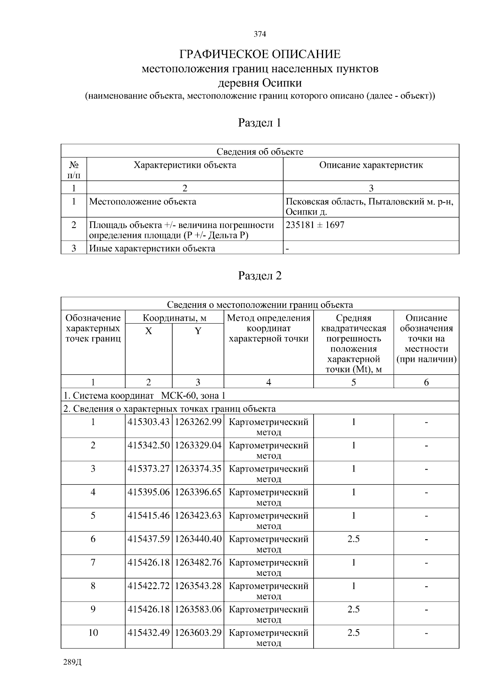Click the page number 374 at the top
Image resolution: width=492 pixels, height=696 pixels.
pyautogui.click(x=260, y=34)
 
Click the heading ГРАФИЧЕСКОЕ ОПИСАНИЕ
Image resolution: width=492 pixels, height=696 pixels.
pyautogui.click(x=260, y=54)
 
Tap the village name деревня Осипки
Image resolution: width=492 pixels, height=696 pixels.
pyautogui.click(x=260, y=83)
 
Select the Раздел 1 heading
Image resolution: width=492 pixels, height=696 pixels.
pyautogui.click(x=260, y=123)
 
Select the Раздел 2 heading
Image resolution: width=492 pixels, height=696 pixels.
pyautogui.click(x=260, y=276)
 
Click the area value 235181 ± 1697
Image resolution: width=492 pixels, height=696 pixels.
pyautogui.click(x=315, y=225)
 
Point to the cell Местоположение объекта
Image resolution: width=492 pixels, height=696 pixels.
pyautogui.click(x=143, y=202)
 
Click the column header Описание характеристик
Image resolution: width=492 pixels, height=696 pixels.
pyautogui.click(x=371, y=165)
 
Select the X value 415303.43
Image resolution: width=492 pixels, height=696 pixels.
pyautogui.click(x=148, y=422)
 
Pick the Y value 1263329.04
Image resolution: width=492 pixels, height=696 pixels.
pyautogui.click(x=198, y=445)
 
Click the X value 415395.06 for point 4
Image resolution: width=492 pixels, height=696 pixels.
pyautogui.click(x=148, y=492)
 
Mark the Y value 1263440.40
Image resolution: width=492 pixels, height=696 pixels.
pyautogui.click(x=198, y=539)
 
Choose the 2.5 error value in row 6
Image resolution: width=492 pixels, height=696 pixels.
pyautogui.click(x=353, y=539)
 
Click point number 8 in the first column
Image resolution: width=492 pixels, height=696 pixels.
pyautogui.click(x=93, y=586)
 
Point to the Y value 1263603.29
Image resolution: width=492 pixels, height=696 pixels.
pyautogui.click(x=198, y=632)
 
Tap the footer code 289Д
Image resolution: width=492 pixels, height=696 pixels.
pyautogui.click(x=73, y=662)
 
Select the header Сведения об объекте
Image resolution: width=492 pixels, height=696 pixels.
pyautogui.click(x=260, y=152)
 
